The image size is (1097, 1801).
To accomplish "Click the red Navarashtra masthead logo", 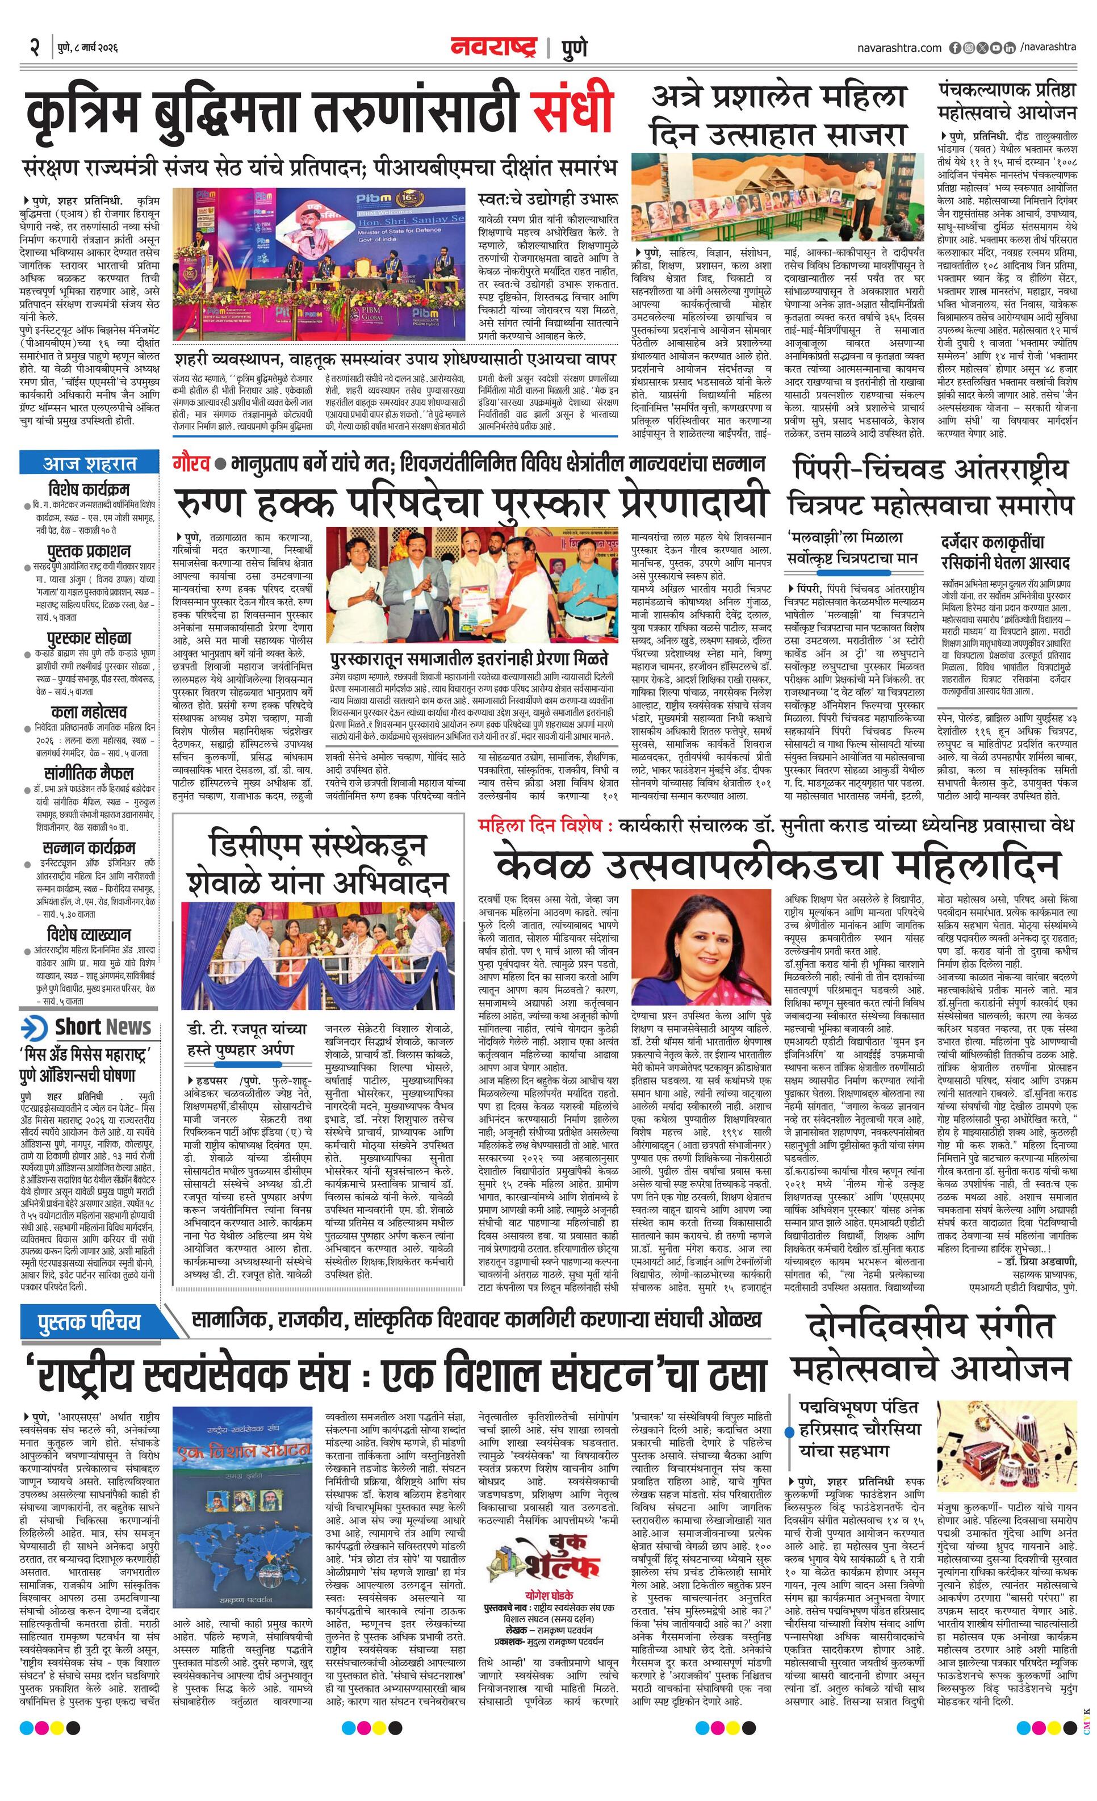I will pyautogui.click(x=494, y=48).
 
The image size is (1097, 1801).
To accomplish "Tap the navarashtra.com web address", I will pyautogui.click(x=899, y=48).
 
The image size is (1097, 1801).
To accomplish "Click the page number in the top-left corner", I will pyautogui.click(x=34, y=48).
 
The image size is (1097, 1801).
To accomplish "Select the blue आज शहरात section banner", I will pyautogui.click(x=89, y=463).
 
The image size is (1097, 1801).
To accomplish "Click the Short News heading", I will pyautogui.click(x=102, y=1027).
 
